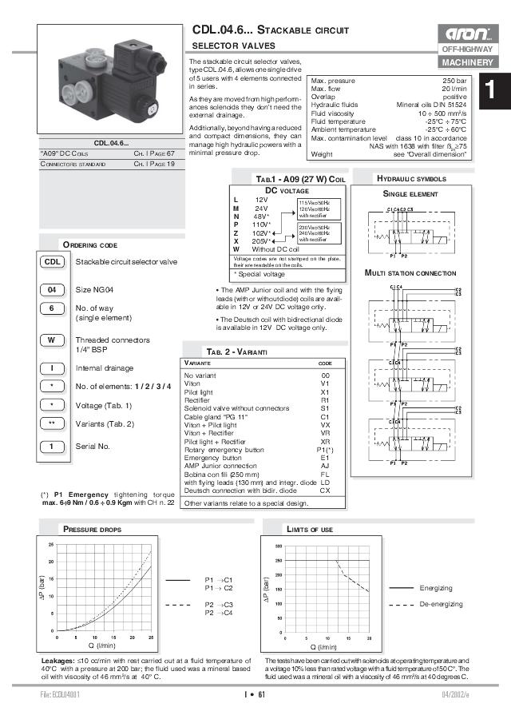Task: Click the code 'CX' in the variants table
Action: (325, 491)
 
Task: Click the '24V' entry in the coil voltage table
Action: (255, 208)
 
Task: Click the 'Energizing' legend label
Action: (436, 587)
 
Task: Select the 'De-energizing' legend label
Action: (441, 605)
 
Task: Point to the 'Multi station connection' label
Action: (410, 273)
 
